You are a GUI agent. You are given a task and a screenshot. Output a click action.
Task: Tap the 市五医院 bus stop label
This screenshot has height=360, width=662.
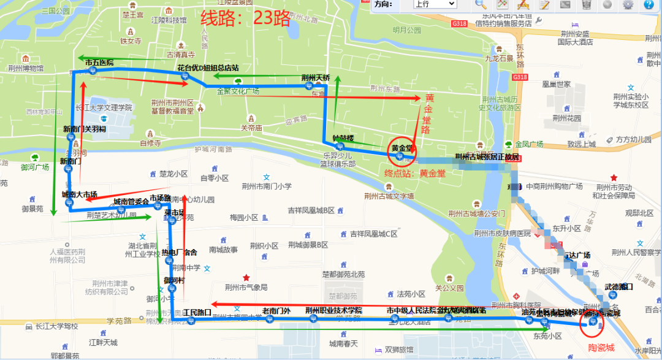pos(99,63)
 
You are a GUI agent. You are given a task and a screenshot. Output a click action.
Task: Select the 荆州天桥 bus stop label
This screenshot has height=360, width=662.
pos(316,78)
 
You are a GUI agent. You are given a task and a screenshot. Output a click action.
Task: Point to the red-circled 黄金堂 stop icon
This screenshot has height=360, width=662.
pos(400,157)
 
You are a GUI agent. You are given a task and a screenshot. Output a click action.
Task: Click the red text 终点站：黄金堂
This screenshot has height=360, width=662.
pos(415,174)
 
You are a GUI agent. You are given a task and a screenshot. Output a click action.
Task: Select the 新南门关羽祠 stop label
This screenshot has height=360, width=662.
pos(85,129)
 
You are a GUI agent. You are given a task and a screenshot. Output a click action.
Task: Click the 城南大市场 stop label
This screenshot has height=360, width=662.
pos(79,194)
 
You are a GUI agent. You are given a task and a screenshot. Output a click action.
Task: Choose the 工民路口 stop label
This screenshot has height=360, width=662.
pos(197,312)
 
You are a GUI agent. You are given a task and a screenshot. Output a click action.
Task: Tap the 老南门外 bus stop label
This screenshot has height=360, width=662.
pos(276,311)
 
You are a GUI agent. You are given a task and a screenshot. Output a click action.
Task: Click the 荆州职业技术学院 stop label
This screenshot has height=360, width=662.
pos(334,311)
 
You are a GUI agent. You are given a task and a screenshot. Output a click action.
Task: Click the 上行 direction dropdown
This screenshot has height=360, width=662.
pos(435,4)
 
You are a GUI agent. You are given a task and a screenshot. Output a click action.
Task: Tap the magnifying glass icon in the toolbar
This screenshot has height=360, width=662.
pos(481,4)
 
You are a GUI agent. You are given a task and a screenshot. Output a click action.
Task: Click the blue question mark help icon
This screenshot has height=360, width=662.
pos(649,4)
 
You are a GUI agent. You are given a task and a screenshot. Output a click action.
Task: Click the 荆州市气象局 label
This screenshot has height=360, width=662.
pos(246,287)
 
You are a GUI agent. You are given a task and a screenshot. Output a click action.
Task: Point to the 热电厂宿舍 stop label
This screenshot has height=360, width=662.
pos(179,252)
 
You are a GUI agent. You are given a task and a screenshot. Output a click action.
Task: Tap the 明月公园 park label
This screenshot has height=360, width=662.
pos(407,30)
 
